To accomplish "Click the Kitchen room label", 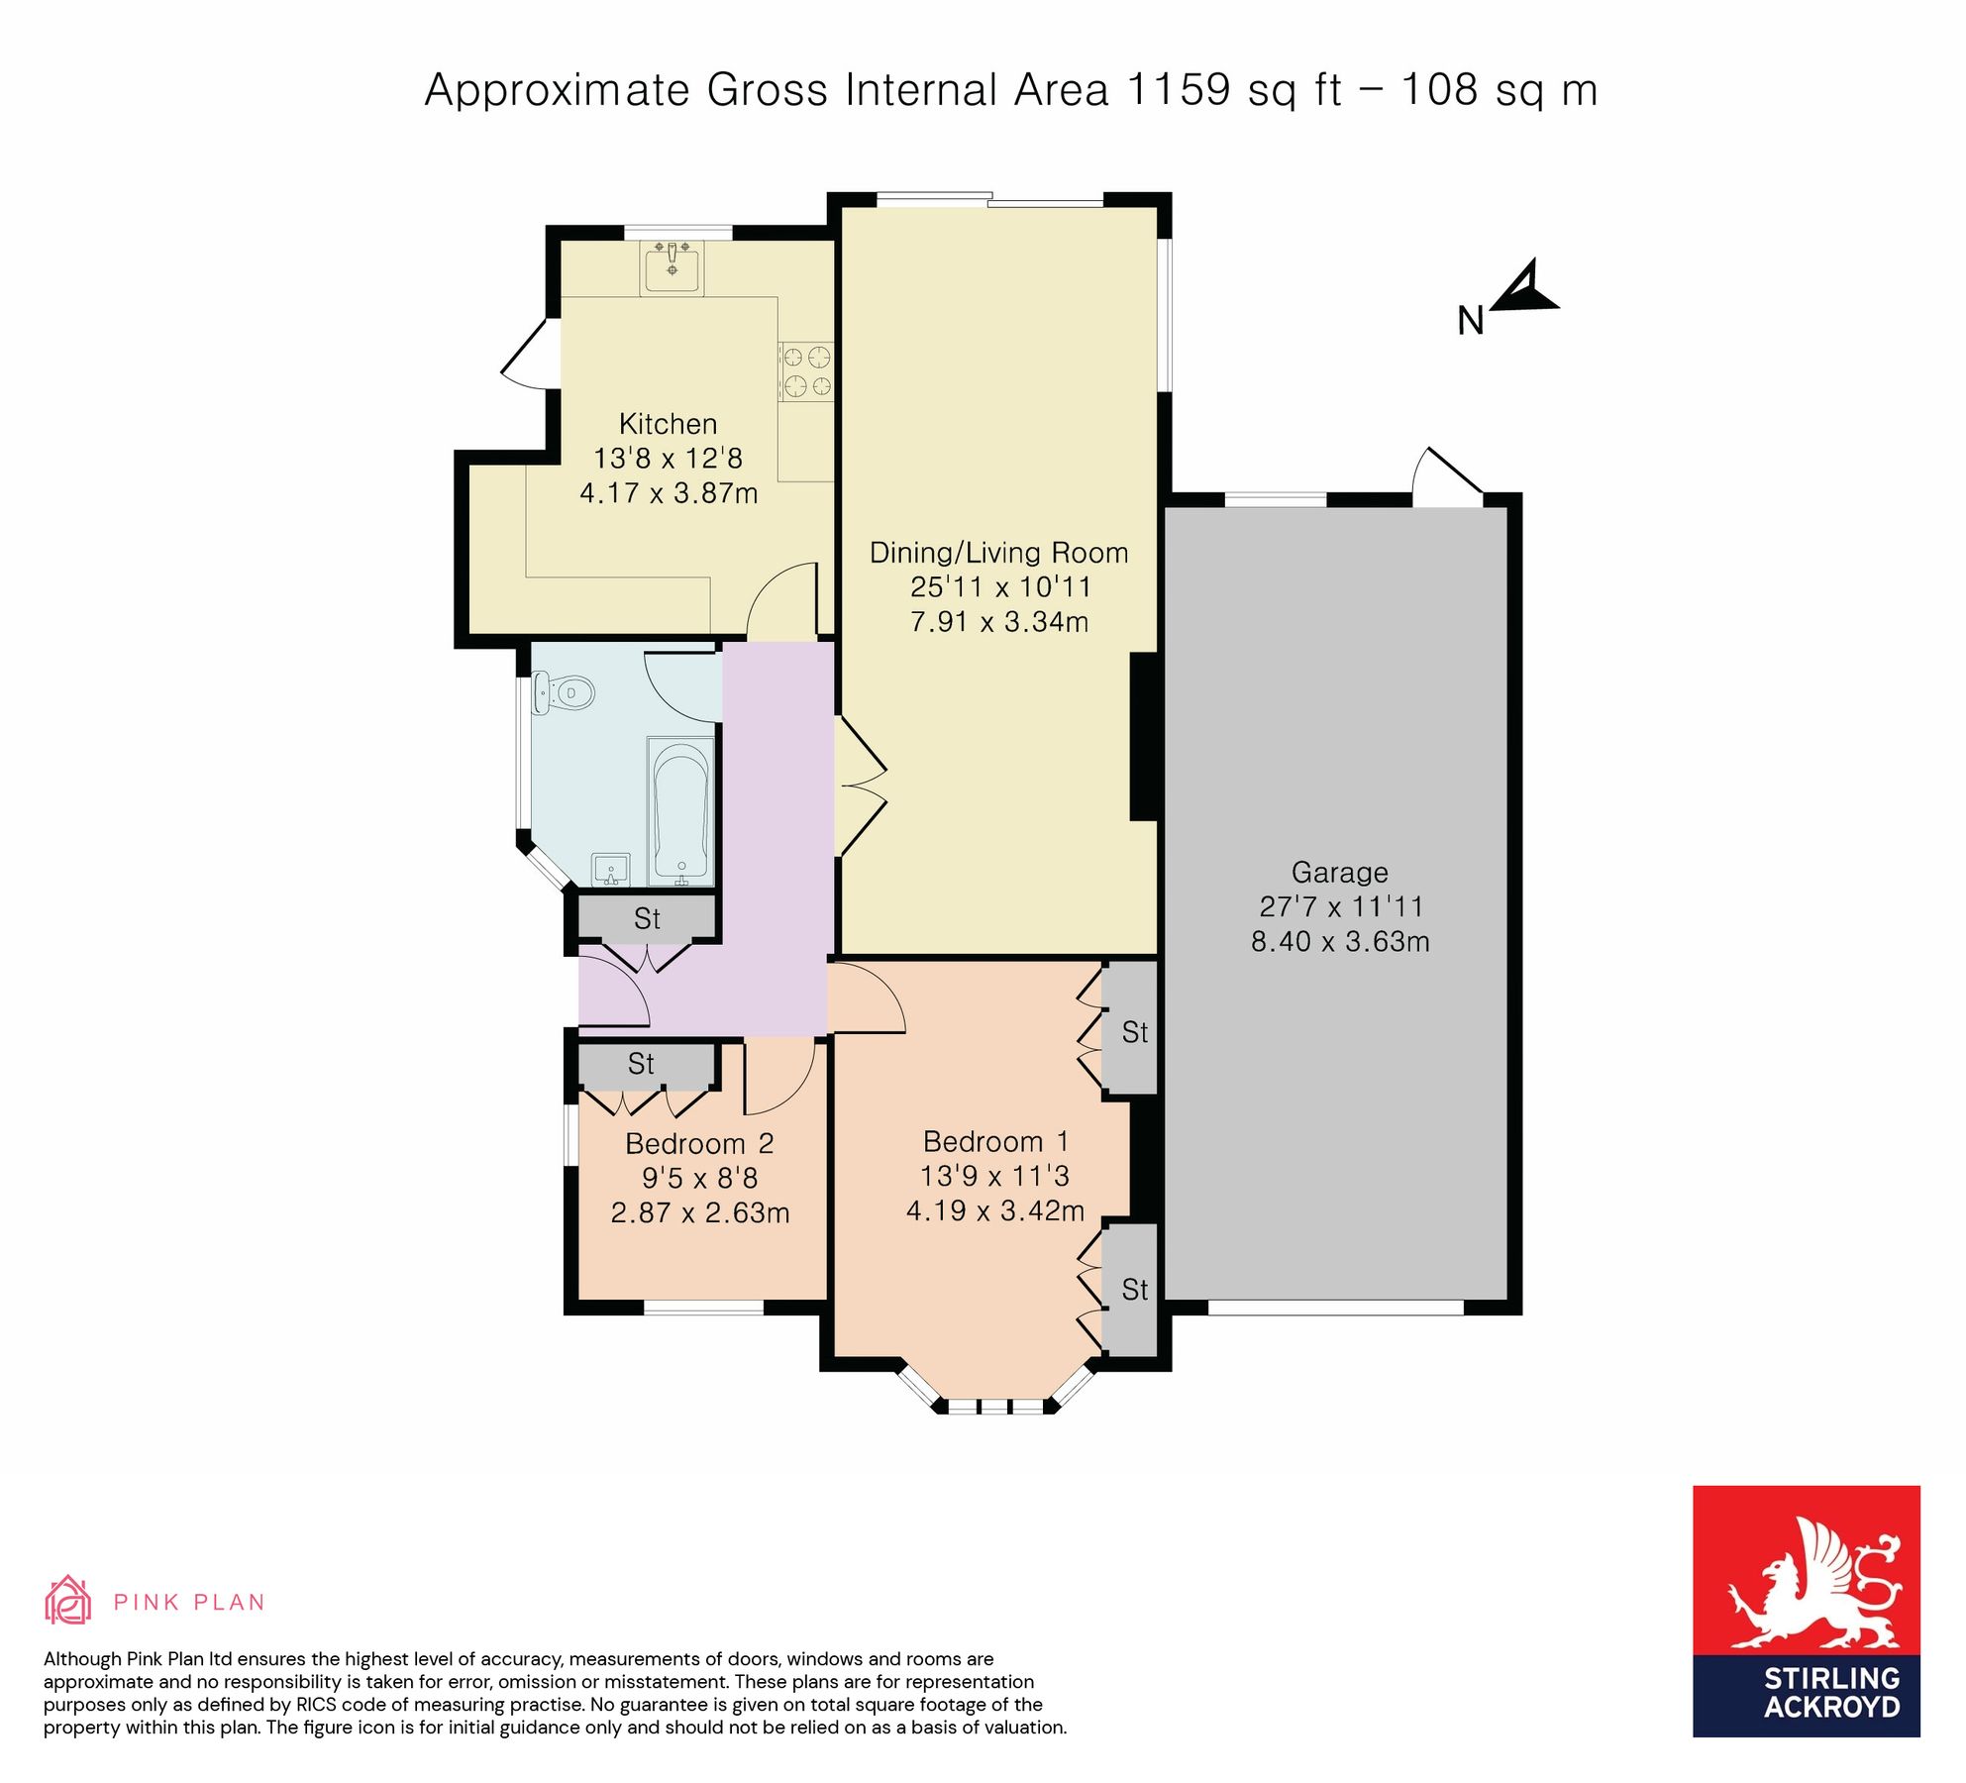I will (668, 424).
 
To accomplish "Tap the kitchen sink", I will (673, 268).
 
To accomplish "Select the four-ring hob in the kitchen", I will (807, 370).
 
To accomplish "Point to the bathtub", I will (681, 810).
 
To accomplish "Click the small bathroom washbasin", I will (610, 870).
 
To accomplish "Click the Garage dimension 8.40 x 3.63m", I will (1339, 941).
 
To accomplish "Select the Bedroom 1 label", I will (994, 1141).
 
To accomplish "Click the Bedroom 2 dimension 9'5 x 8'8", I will (699, 1178).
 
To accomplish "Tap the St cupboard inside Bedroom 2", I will (642, 1064).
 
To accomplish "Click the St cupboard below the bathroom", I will (647, 918).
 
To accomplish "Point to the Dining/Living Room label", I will (998, 553).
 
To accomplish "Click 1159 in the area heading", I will (1178, 90).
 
